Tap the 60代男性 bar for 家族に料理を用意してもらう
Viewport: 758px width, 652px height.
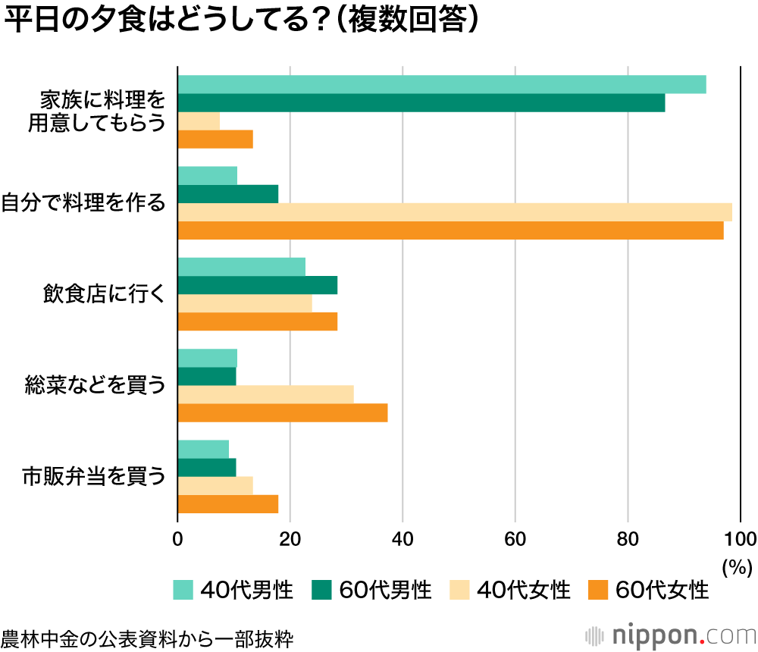coord(421,103)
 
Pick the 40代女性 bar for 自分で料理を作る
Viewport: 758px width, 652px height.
coord(454,212)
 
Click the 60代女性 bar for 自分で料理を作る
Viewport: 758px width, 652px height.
coord(450,230)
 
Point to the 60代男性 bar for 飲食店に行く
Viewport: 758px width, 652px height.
coord(257,285)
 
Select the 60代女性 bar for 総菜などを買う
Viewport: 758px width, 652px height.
coord(282,412)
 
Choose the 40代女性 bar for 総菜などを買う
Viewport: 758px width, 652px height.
coord(265,394)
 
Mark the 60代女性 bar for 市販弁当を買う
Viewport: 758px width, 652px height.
coord(227,503)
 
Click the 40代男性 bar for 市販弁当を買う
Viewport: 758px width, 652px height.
coord(203,449)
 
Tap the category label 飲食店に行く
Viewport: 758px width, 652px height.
coord(104,294)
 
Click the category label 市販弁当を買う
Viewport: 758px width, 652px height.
coord(93,476)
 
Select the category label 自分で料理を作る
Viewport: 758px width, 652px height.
coord(83,203)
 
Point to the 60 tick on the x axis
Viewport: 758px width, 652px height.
coord(515,539)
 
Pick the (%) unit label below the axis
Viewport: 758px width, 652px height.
coord(736,566)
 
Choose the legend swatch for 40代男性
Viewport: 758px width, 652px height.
coord(183,590)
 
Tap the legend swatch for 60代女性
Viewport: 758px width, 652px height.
coord(598,590)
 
